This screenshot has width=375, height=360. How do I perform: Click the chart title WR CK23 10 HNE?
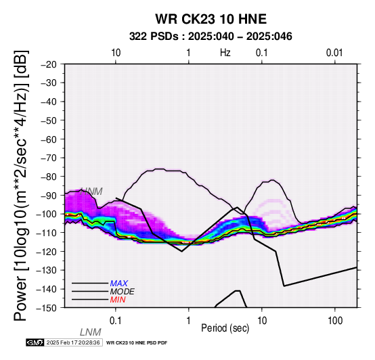pos(211,19)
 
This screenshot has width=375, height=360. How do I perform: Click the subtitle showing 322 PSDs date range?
pos(211,37)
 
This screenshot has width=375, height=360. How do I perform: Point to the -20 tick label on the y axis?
pos(49,64)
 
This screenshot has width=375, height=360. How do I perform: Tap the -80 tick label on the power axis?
pos(49,177)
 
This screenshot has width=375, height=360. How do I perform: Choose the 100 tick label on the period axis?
pos(335,321)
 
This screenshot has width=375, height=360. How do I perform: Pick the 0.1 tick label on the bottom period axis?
pos(116,321)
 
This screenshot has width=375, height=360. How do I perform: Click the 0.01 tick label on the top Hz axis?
pos(334,53)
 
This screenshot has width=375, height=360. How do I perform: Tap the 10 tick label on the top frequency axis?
pos(116,53)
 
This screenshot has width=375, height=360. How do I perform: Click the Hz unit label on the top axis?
pos(225,53)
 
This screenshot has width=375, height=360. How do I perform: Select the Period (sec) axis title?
pos(225,328)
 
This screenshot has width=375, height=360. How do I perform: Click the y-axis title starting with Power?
pos(21,185)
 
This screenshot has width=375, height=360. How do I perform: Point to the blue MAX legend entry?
pos(119,284)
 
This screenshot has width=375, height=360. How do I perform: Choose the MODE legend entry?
pos(123,292)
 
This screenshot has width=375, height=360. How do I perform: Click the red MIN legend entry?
pos(118,300)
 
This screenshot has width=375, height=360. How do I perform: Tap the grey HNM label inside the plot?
pos(91,192)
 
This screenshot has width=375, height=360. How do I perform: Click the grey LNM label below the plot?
pos(91,332)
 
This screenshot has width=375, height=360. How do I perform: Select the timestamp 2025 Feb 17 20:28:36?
pos(73,342)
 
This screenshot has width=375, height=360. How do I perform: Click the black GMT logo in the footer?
pos(35,342)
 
